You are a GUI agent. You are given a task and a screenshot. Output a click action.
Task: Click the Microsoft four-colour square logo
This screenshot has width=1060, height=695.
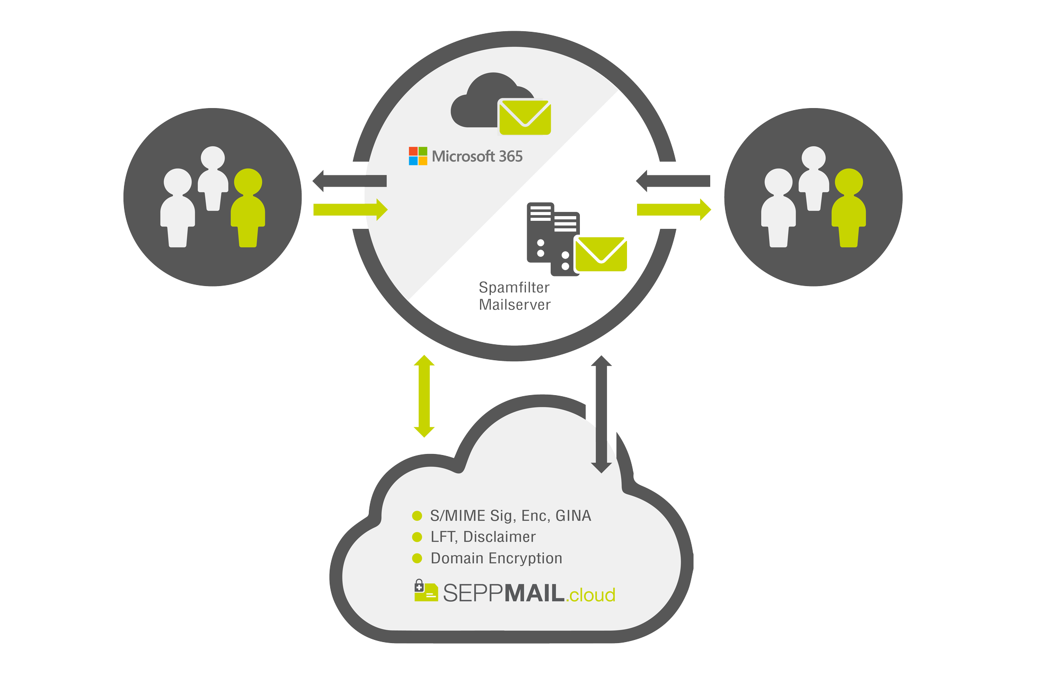(x=418, y=156)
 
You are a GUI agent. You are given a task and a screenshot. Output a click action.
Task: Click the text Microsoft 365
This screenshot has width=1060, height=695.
(x=477, y=156)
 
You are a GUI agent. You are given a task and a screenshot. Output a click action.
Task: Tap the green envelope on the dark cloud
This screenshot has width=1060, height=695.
(x=525, y=117)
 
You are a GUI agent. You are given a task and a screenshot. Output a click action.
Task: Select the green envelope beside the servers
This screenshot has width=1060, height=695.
(x=600, y=254)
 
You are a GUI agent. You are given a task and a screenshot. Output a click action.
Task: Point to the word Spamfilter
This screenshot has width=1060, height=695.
(x=514, y=288)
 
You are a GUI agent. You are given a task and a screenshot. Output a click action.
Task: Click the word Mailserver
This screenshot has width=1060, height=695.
(x=515, y=305)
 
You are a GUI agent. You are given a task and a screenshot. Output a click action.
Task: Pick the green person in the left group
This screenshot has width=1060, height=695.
(x=248, y=208)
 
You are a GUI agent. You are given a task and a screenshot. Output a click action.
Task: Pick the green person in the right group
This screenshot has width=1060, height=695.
(x=849, y=208)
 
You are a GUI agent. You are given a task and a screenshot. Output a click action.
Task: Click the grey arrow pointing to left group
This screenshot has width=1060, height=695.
(x=349, y=181)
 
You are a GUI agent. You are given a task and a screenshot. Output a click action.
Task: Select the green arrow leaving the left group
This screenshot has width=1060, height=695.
(x=350, y=210)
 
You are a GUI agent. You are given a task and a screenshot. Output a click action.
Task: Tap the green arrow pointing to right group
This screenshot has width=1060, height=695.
(x=674, y=210)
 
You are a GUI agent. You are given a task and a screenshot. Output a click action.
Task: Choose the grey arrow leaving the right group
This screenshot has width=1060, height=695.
(x=673, y=181)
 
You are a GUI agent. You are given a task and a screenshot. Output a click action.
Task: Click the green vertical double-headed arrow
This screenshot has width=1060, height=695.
(x=424, y=396)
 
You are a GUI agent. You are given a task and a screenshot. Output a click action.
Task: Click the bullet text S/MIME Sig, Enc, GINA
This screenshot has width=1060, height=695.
(x=510, y=515)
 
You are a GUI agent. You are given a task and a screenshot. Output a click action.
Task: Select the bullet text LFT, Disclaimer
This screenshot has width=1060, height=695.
(x=483, y=537)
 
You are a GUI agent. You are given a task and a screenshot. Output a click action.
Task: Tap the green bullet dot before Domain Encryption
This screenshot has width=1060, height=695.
(x=417, y=558)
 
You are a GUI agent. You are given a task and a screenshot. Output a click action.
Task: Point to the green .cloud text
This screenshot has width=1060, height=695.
(x=590, y=595)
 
